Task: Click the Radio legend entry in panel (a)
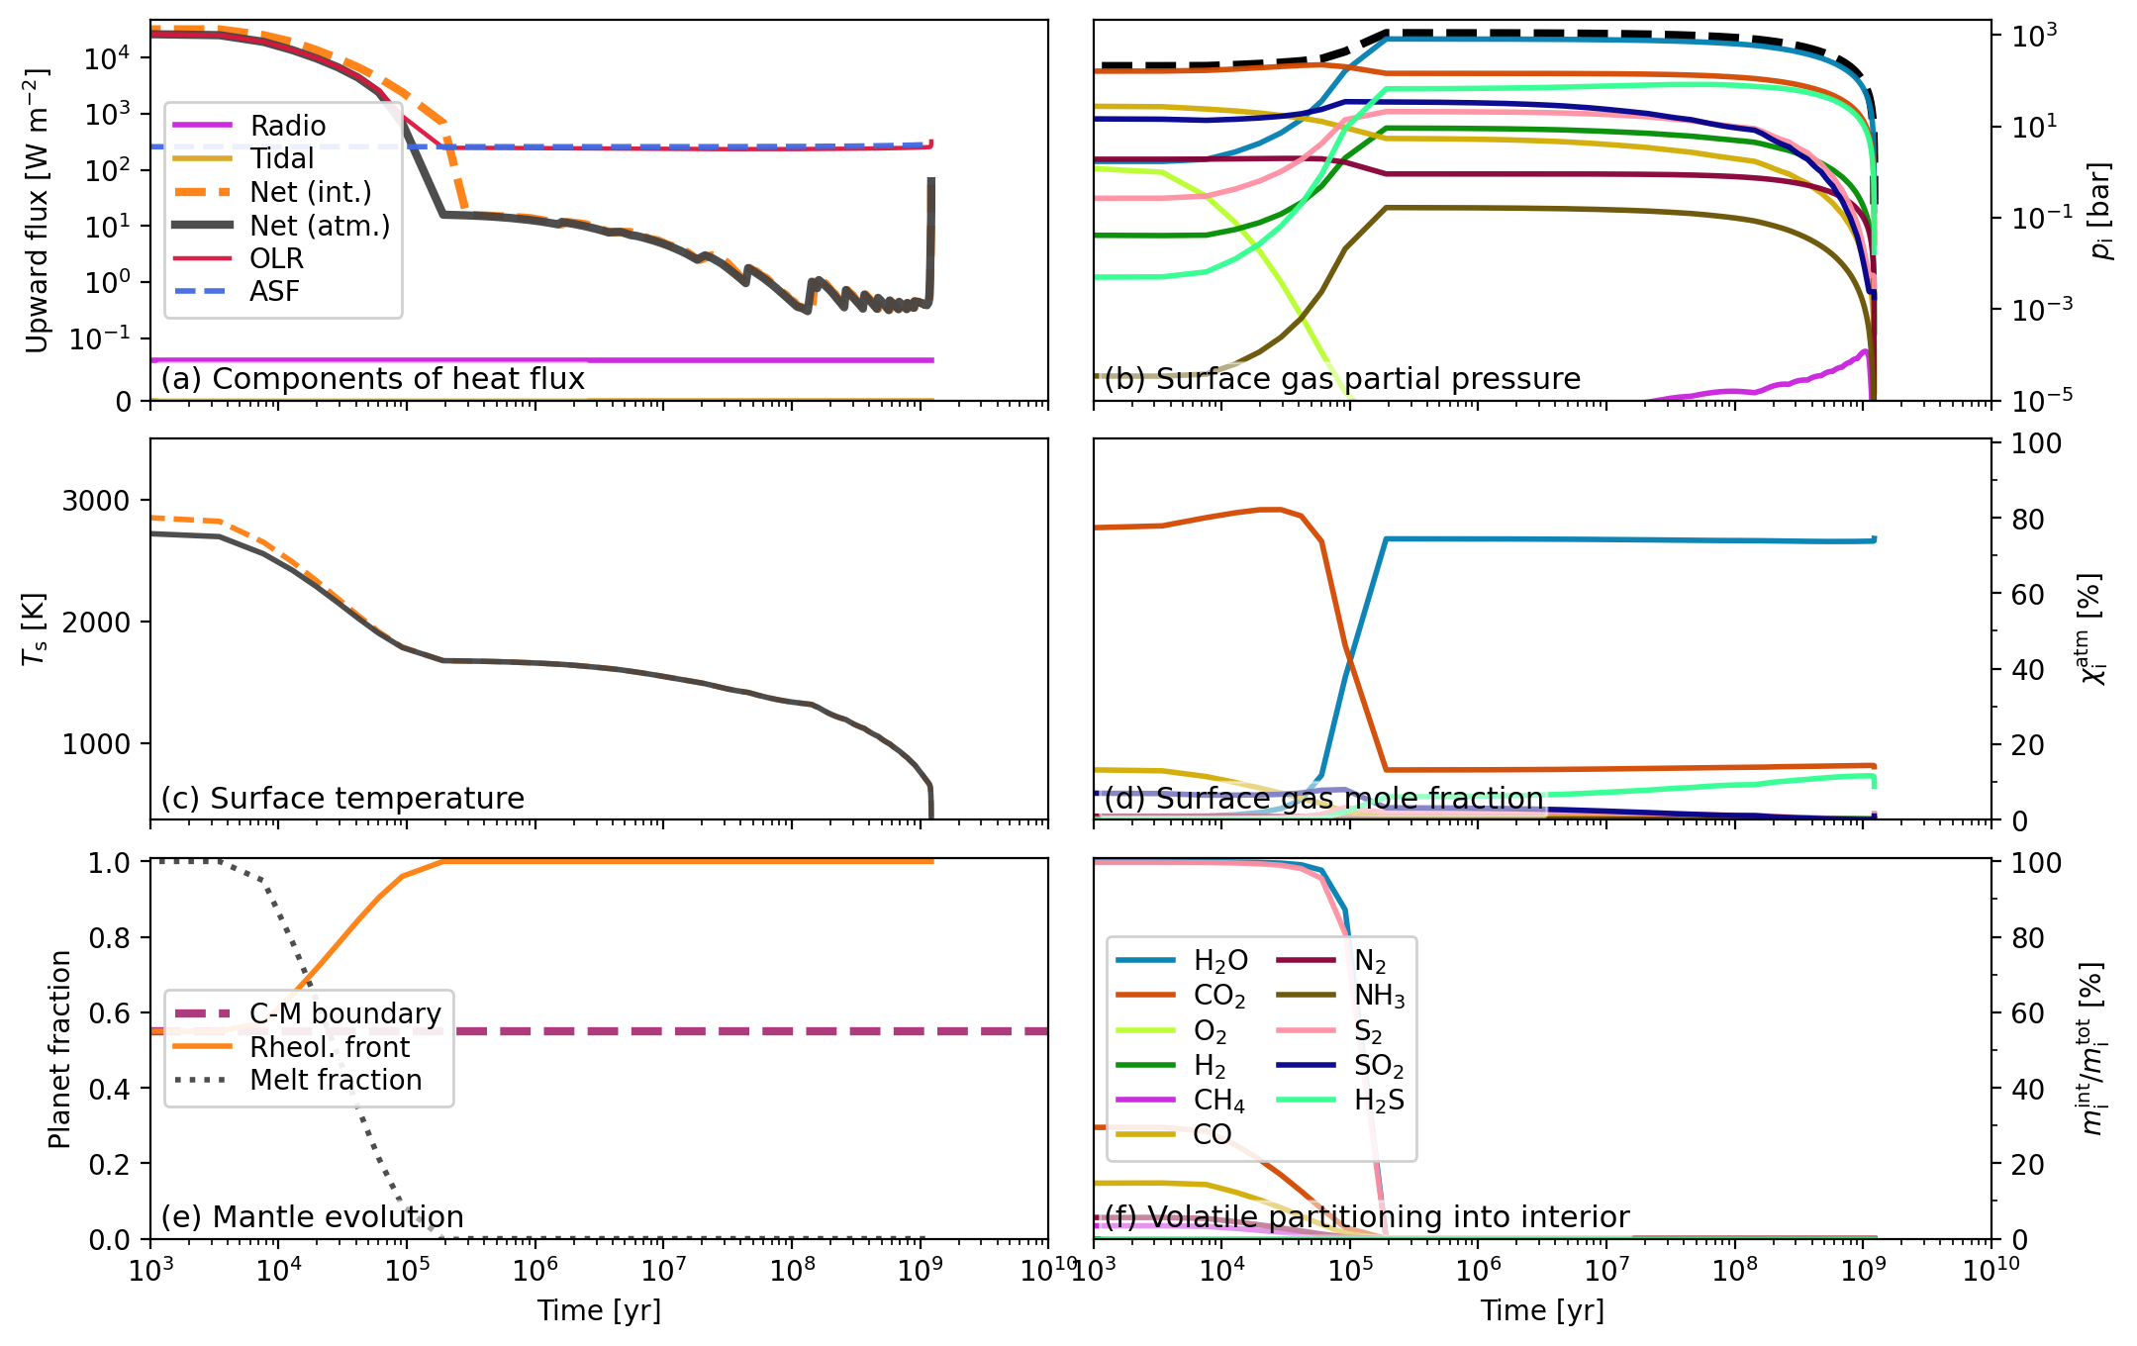tap(287, 126)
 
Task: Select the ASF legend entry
tap(274, 291)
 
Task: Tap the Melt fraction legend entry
tap(336, 1080)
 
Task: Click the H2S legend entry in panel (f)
tap(1379, 1101)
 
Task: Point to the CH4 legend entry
tap(1218, 1101)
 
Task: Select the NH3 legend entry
tap(1379, 996)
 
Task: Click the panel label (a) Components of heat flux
tap(373, 379)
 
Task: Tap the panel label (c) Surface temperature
tap(342, 798)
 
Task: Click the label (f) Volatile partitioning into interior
tap(1367, 1217)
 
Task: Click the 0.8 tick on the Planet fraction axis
tap(109, 938)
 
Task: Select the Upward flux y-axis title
tap(37, 211)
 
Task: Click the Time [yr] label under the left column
tap(599, 1310)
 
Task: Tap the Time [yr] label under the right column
tap(1542, 1310)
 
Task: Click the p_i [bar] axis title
tap(2100, 211)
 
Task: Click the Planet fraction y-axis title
tap(59, 1049)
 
